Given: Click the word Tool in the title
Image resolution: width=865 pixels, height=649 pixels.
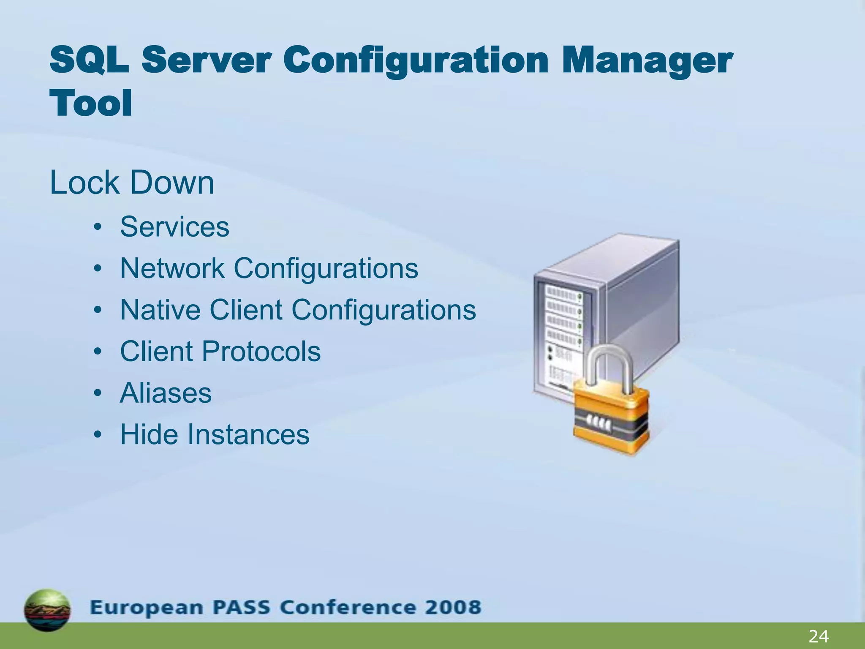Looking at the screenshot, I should [x=91, y=103].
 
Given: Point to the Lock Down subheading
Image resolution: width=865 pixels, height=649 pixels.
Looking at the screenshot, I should [x=132, y=183].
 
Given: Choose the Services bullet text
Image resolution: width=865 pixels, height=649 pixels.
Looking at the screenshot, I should [x=174, y=227].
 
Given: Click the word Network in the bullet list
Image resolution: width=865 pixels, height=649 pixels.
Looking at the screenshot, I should [x=172, y=268].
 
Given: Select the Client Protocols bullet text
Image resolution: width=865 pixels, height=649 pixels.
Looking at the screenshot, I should [x=220, y=351].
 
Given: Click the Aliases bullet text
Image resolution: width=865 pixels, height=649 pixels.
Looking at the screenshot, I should [x=166, y=393].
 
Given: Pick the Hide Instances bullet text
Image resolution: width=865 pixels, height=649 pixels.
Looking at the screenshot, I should [x=215, y=434].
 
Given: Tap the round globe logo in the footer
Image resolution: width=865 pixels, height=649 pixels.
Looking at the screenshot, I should [x=47, y=610].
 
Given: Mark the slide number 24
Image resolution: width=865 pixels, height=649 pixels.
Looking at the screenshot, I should [x=818, y=636].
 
